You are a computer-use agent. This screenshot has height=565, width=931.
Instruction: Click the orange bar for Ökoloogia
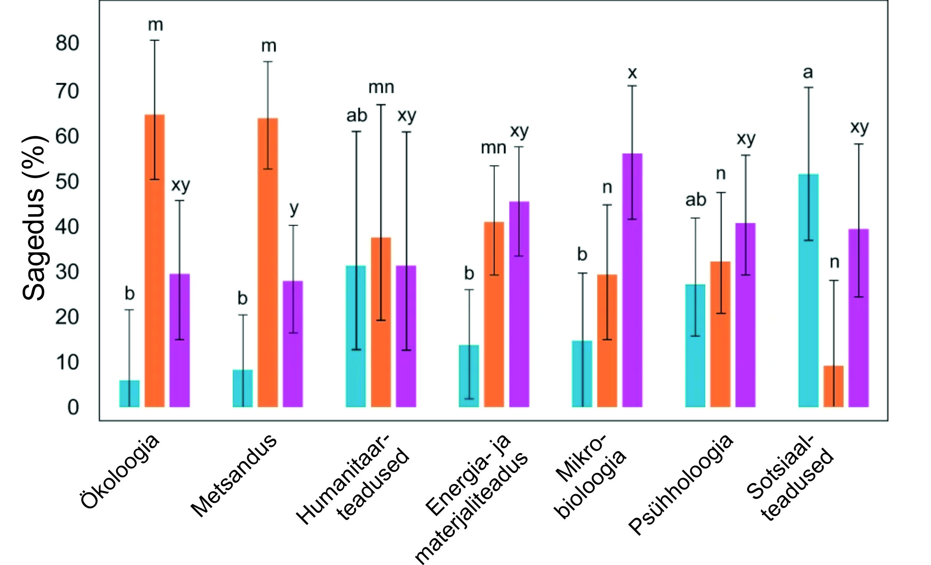pyautogui.click(x=155, y=261)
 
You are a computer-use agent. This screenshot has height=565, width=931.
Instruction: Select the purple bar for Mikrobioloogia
pyautogui.click(x=632, y=280)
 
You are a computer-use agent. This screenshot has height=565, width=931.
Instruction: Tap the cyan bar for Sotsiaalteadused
pyautogui.click(x=808, y=291)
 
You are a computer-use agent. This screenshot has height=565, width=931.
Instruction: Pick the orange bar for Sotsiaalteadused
pyautogui.click(x=834, y=386)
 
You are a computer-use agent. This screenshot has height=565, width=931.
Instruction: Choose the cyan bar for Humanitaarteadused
pyautogui.click(x=356, y=336)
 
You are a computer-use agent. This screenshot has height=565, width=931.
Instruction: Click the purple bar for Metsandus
pyautogui.click(x=293, y=344)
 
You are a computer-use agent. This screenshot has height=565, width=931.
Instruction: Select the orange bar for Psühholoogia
pyautogui.click(x=720, y=334)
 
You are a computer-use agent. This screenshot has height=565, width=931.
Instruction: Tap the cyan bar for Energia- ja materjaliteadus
pyautogui.click(x=469, y=376)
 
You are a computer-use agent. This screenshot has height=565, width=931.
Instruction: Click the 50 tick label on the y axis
pyautogui.click(x=67, y=181)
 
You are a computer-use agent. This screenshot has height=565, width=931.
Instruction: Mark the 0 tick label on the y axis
pyautogui.click(x=73, y=407)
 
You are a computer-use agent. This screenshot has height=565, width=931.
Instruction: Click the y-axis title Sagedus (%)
pyautogui.click(x=35, y=218)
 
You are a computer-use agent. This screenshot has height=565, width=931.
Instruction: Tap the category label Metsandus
pyautogui.click(x=234, y=475)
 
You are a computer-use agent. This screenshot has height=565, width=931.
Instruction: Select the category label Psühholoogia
pyautogui.click(x=681, y=485)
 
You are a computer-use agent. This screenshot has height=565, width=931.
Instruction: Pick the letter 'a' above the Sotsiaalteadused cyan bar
pyautogui.click(x=808, y=72)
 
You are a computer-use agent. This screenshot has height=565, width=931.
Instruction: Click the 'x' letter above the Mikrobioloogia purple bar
pyautogui.click(x=632, y=72)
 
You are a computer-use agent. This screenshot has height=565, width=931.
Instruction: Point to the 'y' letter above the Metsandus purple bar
pyautogui.click(x=294, y=209)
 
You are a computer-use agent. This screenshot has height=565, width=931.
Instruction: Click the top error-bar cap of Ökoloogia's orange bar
pyautogui.click(x=155, y=40)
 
